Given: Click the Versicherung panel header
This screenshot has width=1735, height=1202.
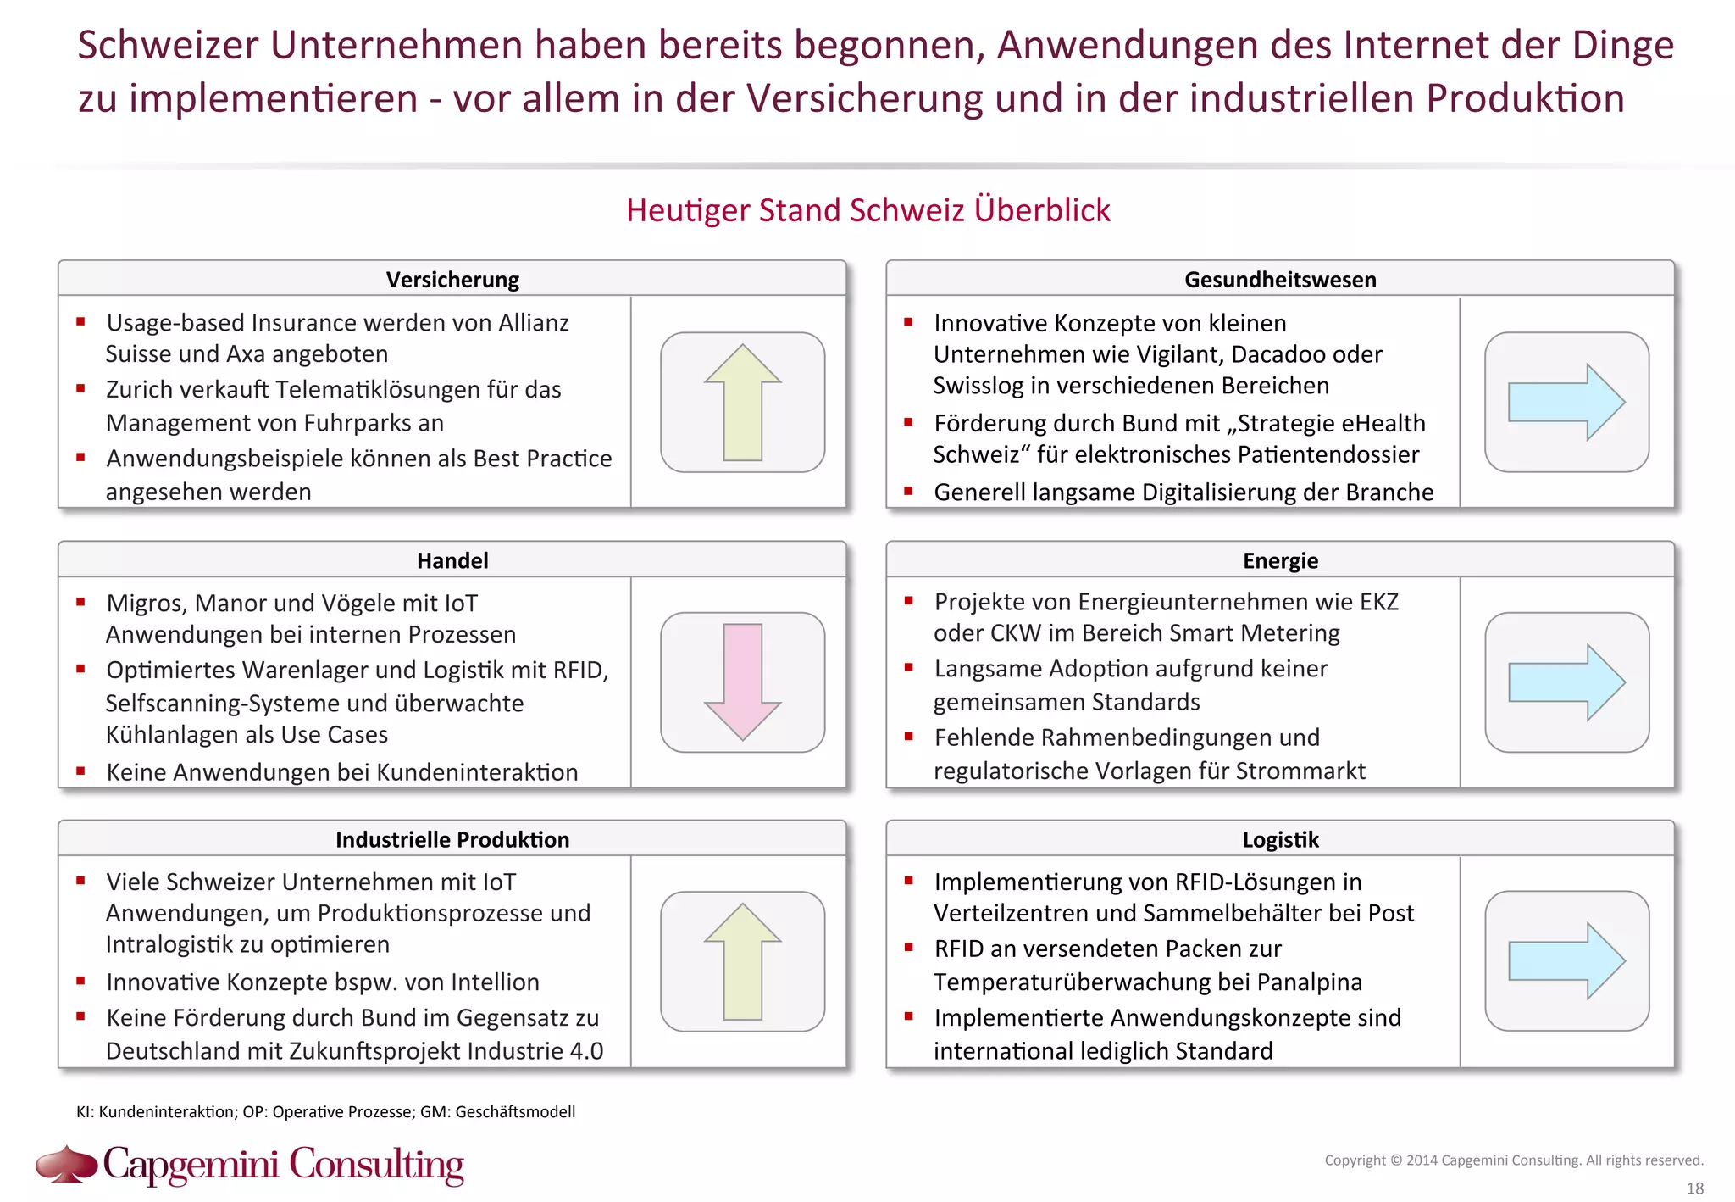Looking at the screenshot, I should coord(452,280).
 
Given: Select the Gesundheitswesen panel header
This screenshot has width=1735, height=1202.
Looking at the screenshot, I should coord(1280,280).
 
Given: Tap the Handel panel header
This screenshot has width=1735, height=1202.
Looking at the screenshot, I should coord(452,560).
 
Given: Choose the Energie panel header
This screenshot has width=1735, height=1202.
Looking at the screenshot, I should coord(1280,560).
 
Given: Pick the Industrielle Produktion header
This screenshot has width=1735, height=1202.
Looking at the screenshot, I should coord(452,839).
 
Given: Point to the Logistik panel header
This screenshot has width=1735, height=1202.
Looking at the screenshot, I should coord(1280,839).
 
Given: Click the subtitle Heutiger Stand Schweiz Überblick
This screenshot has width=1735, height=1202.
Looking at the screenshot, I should coord(867,210).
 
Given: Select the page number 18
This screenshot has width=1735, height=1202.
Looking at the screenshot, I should coord(1694,1188).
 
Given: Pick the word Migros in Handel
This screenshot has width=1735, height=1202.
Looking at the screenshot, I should coord(144,604).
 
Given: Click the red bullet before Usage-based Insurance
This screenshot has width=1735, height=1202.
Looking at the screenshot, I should coord(80,321).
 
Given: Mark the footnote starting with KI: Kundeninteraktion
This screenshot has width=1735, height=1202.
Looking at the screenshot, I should coord(325,1111).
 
